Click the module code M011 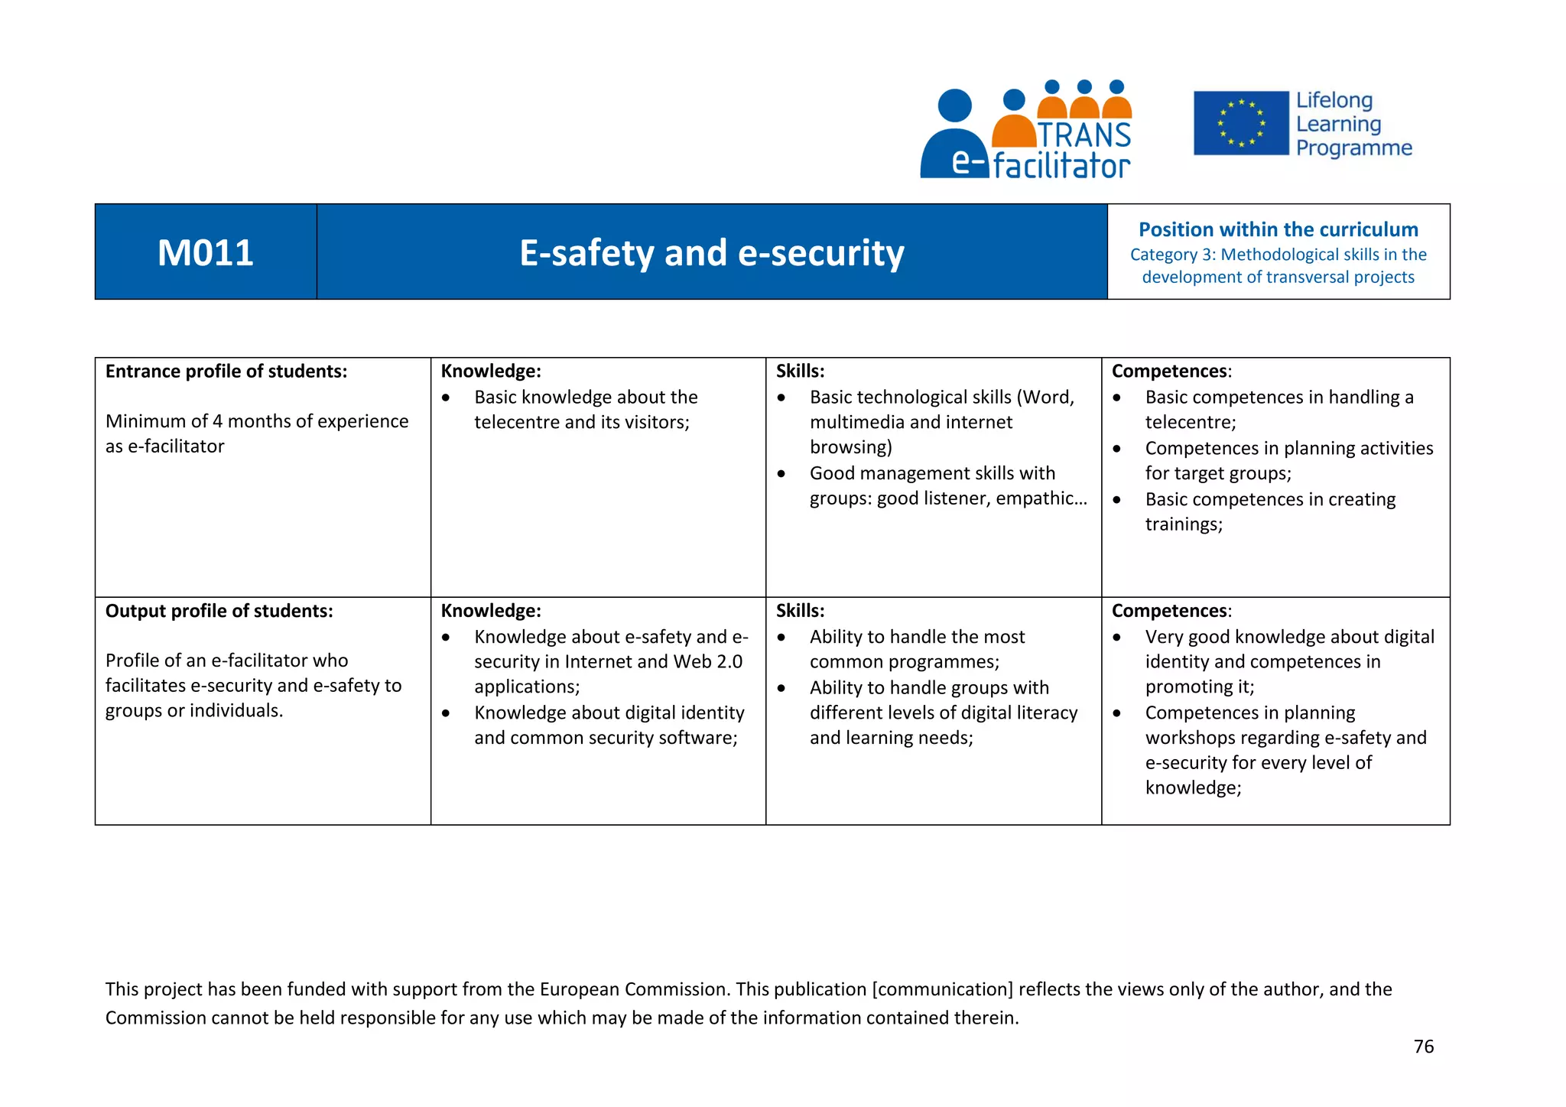205,253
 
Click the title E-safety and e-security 711,253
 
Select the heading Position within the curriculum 1278,229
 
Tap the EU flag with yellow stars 1240,123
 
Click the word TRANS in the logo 1084,135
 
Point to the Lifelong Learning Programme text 1353,124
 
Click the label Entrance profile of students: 226,372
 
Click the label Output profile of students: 219,611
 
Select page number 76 1423,1047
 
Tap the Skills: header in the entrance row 800,372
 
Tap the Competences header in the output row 1170,611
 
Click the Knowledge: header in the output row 490,611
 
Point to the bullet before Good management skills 781,474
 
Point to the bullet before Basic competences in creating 1116,500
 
